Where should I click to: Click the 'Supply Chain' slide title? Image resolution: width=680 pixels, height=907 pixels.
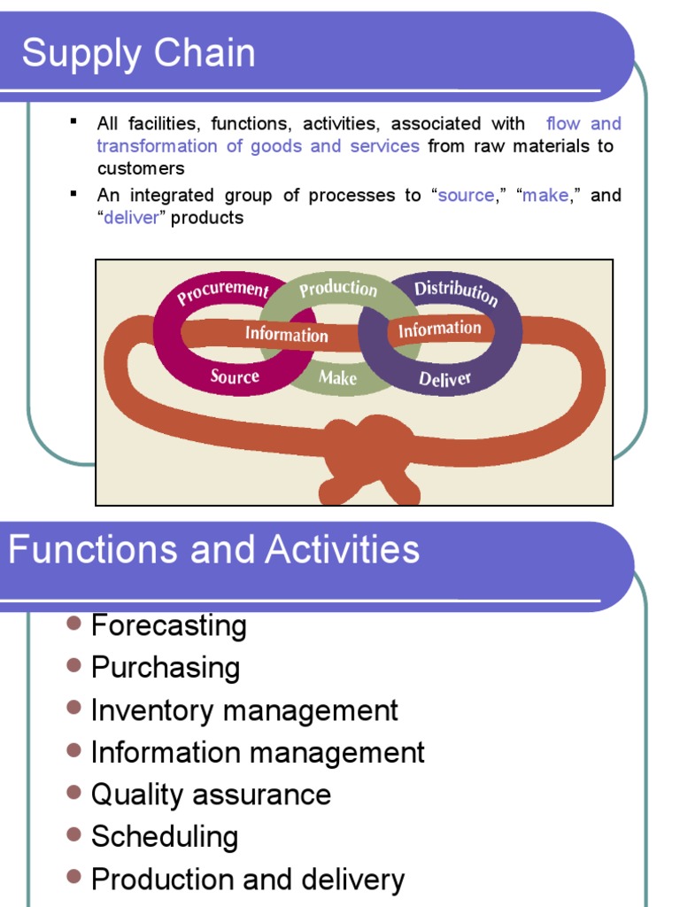coord(138,53)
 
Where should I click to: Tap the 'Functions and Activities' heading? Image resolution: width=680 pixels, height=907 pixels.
coord(213,550)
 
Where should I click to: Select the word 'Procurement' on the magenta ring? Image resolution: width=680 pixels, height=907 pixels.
coord(223,291)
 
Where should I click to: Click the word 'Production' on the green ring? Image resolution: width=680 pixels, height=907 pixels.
coord(337,289)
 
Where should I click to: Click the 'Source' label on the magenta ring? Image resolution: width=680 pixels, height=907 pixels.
coord(235,376)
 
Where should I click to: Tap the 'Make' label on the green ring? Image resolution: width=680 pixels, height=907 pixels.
coord(337,378)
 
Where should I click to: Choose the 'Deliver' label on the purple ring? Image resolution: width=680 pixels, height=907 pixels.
coord(444,380)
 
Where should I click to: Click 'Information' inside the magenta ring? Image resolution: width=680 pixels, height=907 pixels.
coord(286,334)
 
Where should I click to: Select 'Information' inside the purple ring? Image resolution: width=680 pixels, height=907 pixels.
coord(439,329)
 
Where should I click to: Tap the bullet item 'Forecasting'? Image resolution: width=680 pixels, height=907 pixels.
coord(168,625)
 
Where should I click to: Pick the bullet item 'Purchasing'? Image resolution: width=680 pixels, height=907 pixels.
coord(166,668)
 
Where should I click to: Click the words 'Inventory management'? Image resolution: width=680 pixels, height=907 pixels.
coord(244,710)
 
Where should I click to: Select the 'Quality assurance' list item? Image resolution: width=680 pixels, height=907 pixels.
coord(211,795)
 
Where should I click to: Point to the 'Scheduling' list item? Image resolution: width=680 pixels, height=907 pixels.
coord(165,837)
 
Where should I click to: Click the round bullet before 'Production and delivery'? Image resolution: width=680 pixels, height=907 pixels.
coord(74,877)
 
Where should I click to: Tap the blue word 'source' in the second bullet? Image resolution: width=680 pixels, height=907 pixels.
coord(466,195)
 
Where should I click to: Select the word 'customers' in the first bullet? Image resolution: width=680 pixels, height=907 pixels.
coord(141,168)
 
